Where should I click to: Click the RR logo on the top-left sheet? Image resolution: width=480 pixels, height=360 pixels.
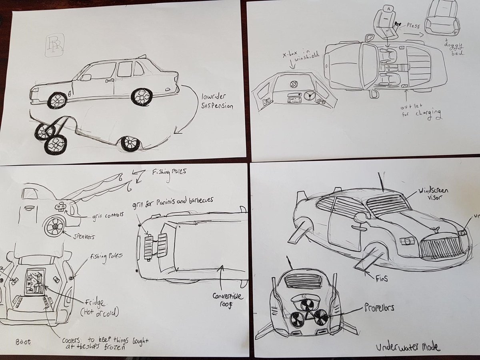pyautogui.click(x=52, y=46)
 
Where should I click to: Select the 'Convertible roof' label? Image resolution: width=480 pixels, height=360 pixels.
pyautogui.click(x=228, y=300)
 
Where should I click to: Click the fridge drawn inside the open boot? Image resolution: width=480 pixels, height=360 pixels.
pyautogui.click(x=35, y=282)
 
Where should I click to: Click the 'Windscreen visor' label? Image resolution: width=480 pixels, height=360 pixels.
pyautogui.click(x=433, y=194)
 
